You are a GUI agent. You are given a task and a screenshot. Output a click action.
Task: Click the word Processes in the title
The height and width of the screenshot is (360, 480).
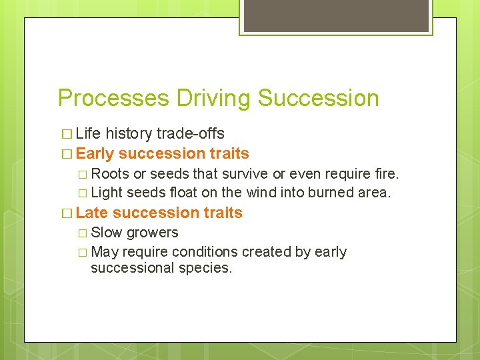click(114, 98)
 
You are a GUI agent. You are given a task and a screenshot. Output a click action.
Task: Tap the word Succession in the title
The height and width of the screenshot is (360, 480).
click(318, 98)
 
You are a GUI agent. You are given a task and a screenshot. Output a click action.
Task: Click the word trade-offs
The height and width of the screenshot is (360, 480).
click(190, 133)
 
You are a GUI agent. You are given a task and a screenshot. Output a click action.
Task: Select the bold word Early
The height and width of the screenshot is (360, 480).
click(95, 153)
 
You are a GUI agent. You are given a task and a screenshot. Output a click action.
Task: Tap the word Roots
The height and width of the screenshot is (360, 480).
click(110, 174)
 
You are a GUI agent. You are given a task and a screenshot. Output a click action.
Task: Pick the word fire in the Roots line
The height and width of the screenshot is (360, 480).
click(387, 174)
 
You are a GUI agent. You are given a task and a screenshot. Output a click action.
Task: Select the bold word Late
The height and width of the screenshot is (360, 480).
click(93, 213)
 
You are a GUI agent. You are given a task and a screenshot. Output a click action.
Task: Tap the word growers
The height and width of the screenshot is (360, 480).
click(152, 233)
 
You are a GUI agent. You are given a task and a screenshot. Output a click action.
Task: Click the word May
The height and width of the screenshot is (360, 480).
click(103, 252)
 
